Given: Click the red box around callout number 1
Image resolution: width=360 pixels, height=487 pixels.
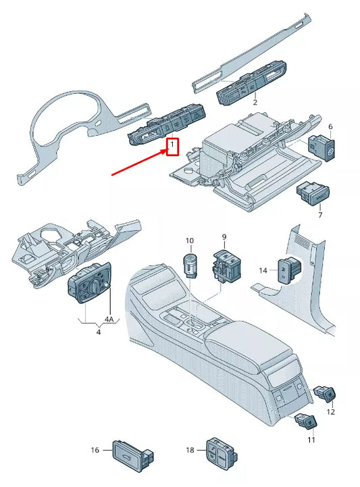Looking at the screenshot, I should [x=172, y=146].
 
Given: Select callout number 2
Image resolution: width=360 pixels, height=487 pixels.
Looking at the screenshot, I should [x=255, y=102].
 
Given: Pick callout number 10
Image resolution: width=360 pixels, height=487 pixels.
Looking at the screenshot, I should [x=189, y=240].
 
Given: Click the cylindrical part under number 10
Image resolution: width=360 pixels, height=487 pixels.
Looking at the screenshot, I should [x=190, y=263].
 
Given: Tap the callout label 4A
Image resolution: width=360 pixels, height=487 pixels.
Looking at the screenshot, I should [x=109, y=319].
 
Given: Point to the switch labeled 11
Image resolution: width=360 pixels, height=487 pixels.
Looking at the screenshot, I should [x=305, y=422].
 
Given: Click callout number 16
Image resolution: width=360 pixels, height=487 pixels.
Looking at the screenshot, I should [x=96, y=450].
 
